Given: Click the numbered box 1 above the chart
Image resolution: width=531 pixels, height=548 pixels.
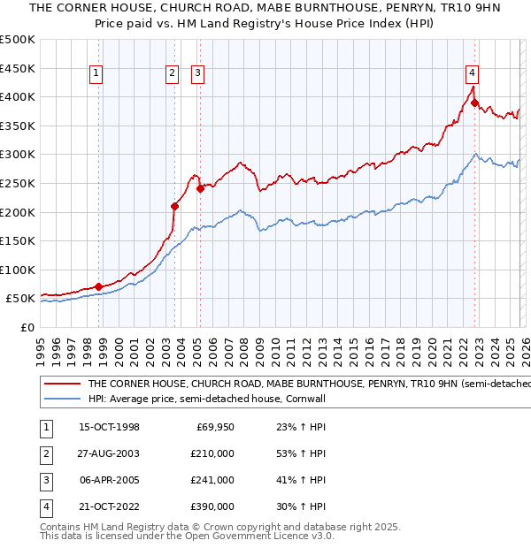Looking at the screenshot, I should click(95, 73).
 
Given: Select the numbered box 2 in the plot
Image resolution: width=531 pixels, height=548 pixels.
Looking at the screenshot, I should click(172, 73).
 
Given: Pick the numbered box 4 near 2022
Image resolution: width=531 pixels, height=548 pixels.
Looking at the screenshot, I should click(473, 73).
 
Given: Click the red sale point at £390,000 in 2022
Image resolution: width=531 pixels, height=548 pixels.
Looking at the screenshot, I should click(475, 103).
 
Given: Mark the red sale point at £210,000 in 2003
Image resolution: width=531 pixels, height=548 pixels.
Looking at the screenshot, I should click(175, 206).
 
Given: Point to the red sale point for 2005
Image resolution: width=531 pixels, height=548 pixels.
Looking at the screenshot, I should click(200, 188).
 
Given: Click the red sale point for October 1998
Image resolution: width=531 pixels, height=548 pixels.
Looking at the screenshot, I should click(99, 286).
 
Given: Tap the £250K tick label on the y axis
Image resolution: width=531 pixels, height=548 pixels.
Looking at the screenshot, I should click(18, 183).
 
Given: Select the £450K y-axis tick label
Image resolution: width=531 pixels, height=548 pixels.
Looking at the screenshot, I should click(18, 68).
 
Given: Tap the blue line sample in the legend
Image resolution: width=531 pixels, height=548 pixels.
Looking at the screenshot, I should click(62, 399).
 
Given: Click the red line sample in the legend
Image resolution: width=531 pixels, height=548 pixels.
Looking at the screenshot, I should click(62, 384).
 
